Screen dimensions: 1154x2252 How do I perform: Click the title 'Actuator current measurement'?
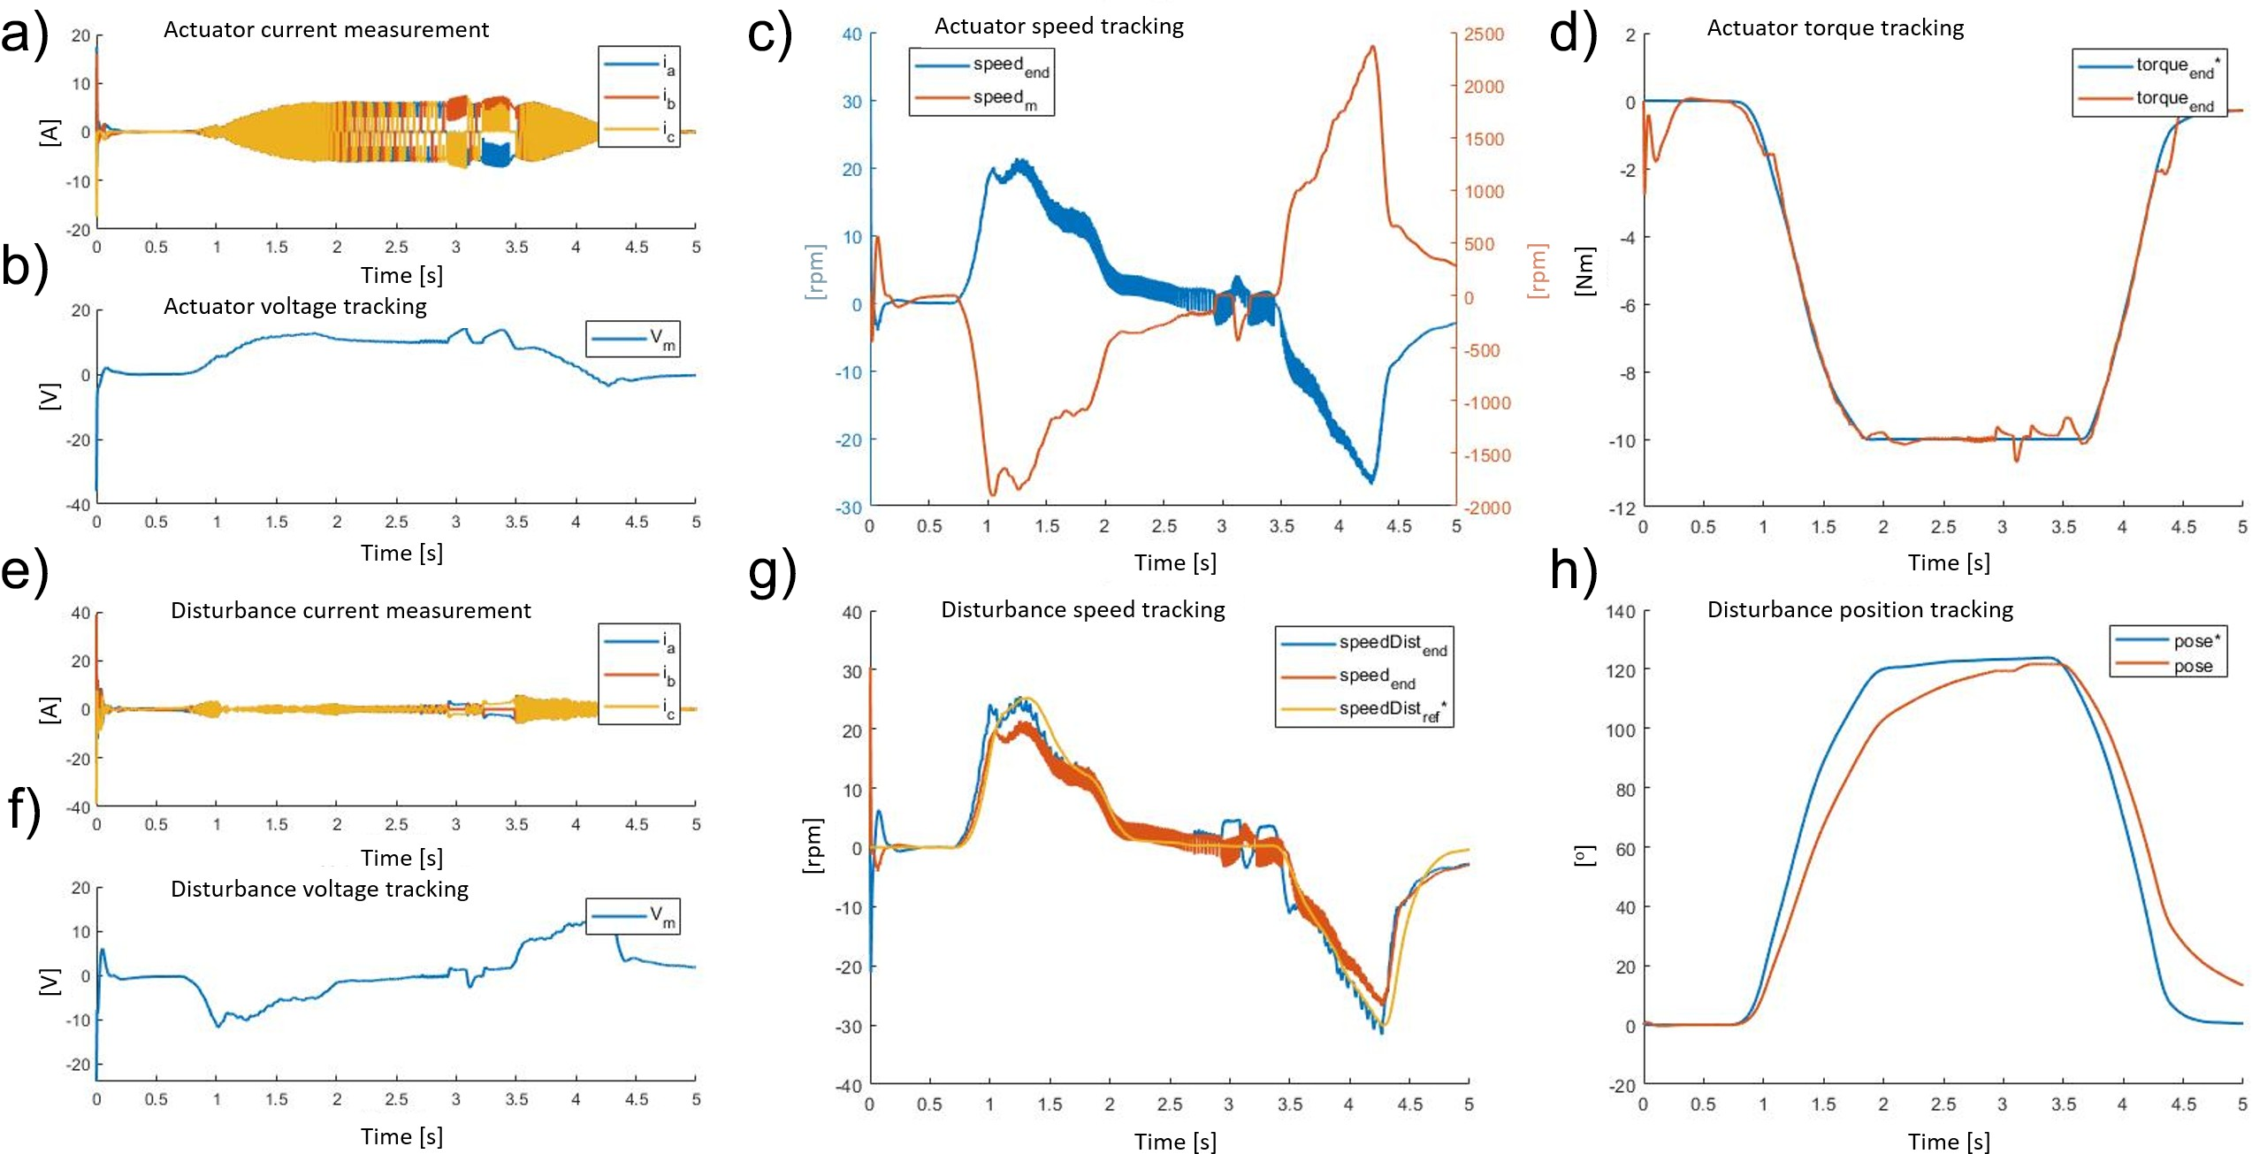click(x=325, y=30)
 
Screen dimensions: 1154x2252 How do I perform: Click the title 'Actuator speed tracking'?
click(x=1058, y=27)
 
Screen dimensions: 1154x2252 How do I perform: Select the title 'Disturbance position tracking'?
click(x=1859, y=610)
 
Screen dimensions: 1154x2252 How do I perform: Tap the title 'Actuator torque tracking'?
click(x=1835, y=28)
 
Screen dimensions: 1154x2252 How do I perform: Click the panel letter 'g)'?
click(x=772, y=573)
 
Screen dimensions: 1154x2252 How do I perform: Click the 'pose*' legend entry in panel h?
click(x=2192, y=641)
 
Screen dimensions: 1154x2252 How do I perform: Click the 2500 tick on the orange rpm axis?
click(x=1484, y=34)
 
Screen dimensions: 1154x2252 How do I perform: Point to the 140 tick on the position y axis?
click(x=1620, y=612)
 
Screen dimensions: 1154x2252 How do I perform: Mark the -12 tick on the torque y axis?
click(x=1622, y=508)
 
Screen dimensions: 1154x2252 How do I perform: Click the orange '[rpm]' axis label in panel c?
click(x=1538, y=271)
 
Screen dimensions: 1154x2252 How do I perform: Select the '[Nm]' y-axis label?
click(x=1584, y=271)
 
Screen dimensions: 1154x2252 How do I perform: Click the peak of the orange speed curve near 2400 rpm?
click(x=1372, y=47)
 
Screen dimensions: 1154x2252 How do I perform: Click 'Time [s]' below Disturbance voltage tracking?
click(x=401, y=1136)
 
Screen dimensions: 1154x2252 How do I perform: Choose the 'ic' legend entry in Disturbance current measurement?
click(x=668, y=708)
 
